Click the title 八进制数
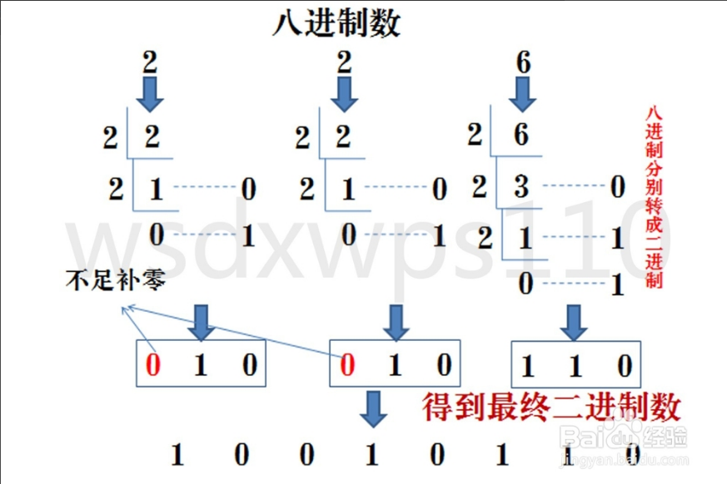pyautogui.click(x=336, y=23)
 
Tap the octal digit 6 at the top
pyautogui.click(x=523, y=63)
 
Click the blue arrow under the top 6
pyautogui.click(x=523, y=94)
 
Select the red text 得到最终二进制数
pyautogui.click(x=551, y=407)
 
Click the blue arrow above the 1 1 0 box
pyautogui.click(x=571, y=321)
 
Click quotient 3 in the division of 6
pyautogui.click(x=521, y=185)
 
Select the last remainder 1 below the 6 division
pyautogui.click(x=616, y=286)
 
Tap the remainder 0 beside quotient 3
pyautogui.click(x=616, y=187)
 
